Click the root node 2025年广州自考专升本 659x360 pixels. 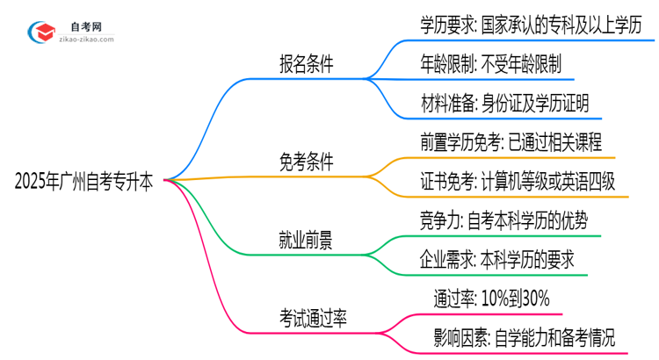(x=83, y=182)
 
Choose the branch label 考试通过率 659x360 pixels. (x=312, y=318)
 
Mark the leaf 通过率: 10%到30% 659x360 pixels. (x=492, y=298)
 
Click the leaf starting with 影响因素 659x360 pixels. (x=524, y=336)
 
